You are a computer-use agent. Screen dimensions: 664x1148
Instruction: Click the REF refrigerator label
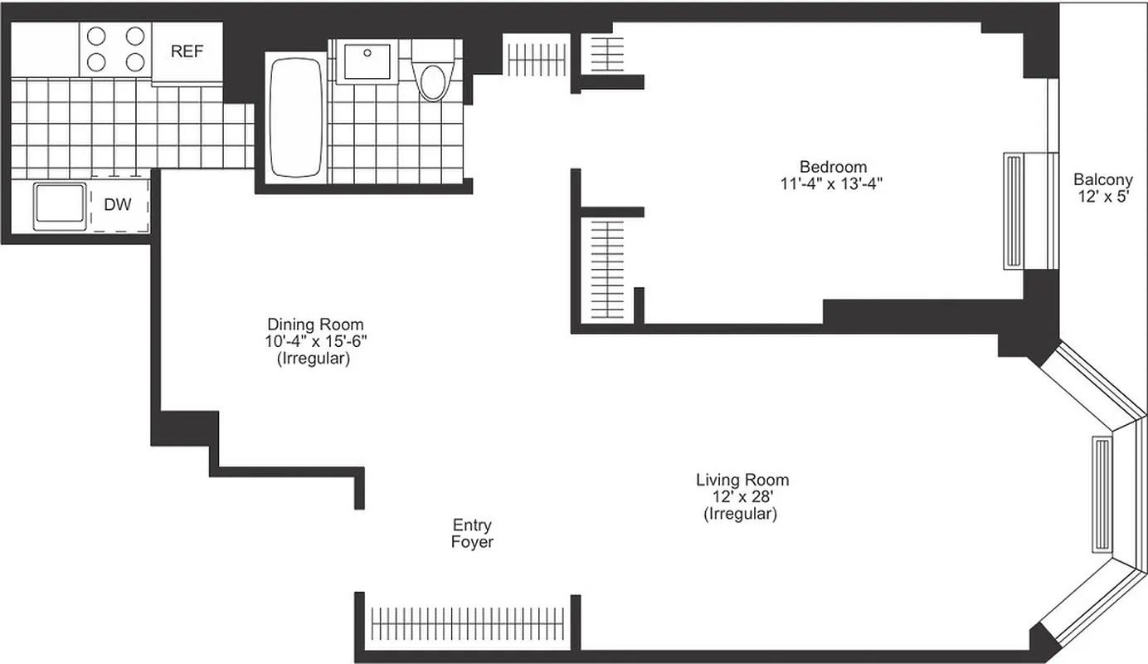(187, 51)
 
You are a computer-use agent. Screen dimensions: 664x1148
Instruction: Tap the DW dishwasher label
(117, 205)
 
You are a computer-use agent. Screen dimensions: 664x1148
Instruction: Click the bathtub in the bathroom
(296, 116)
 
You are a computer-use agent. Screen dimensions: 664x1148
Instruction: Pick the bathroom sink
(367, 61)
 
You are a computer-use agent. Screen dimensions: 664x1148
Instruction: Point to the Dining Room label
(314, 324)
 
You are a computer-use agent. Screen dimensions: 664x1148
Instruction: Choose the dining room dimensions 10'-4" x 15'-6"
(314, 341)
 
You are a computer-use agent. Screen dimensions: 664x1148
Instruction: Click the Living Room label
(742, 480)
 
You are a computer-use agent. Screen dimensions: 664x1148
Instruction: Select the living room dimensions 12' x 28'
(742, 497)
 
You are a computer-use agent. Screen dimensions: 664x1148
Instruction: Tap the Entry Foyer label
(472, 534)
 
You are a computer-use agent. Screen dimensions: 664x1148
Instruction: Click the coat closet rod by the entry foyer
(468, 621)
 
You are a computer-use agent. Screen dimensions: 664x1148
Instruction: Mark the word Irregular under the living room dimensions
(741, 515)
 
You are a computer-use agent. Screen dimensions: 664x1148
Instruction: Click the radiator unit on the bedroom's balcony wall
(1015, 210)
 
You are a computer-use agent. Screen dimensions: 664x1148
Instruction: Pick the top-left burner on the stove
(97, 36)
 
